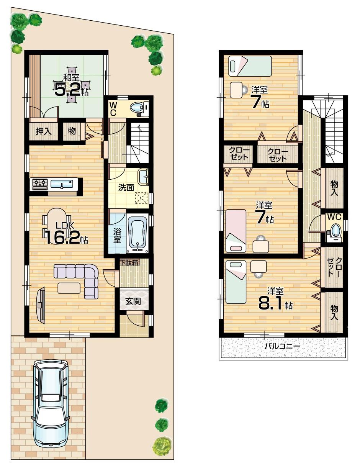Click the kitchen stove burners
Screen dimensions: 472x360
click(40, 184)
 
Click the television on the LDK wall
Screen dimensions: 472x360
click(40, 305)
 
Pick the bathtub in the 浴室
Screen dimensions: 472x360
click(137, 233)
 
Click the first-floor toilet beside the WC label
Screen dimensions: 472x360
click(138, 108)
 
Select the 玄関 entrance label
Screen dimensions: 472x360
click(133, 301)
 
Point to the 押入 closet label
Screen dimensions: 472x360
click(42, 131)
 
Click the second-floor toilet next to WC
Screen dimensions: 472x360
click(336, 231)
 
